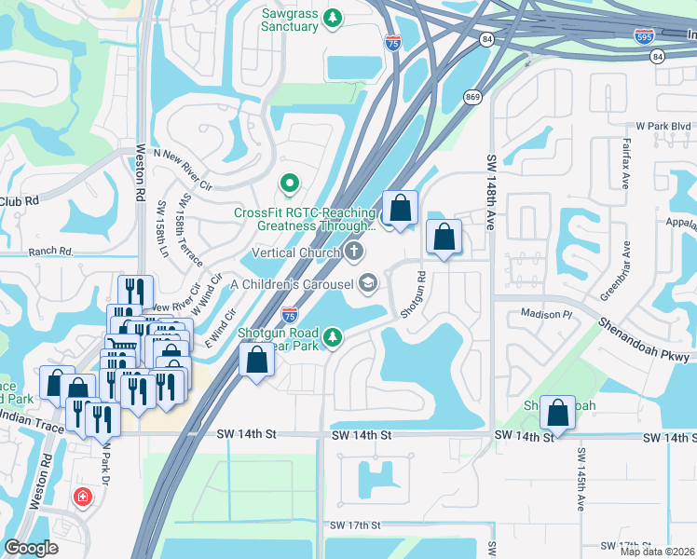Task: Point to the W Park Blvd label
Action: pos(663,126)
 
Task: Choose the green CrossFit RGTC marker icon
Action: pos(289,183)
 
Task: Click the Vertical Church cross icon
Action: pos(354,252)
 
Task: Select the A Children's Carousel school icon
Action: pos(369,284)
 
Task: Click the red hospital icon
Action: pos(83,498)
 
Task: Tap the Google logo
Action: pos(31,548)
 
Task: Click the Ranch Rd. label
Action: pos(50,252)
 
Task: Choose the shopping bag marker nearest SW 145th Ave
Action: pos(557,411)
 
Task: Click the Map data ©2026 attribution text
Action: pos(657,551)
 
